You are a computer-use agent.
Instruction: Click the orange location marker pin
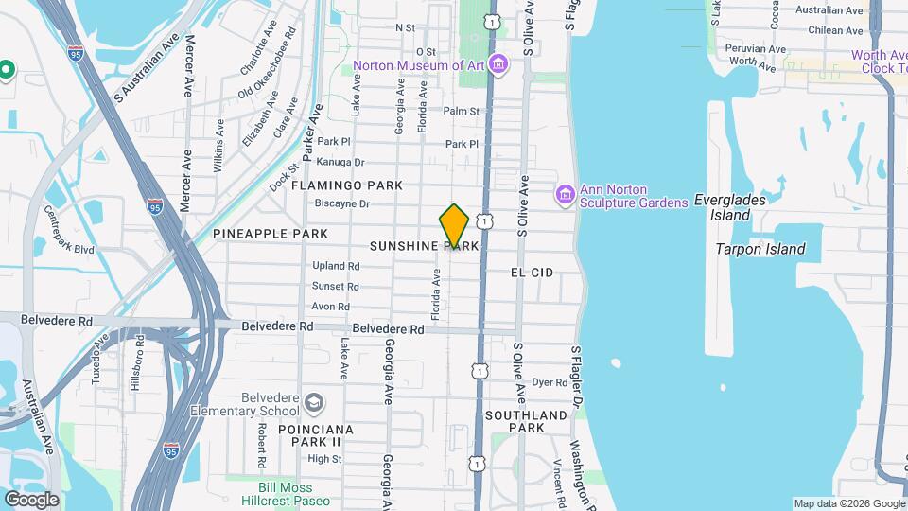(454, 225)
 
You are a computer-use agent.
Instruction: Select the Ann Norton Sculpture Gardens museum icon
(566, 194)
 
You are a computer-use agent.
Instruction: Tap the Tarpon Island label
(760, 250)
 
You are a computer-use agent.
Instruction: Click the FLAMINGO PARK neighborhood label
(347, 185)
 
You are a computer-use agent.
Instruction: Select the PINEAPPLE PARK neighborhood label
(271, 234)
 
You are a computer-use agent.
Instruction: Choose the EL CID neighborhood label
(532, 273)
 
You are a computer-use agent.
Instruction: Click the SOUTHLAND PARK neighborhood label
(526, 421)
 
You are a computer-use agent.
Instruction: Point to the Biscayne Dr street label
(341, 203)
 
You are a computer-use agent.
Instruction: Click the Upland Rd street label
(336, 265)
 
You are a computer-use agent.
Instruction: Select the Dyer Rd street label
(549, 383)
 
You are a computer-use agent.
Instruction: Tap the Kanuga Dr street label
(341, 163)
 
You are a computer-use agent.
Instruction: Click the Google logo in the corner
(31, 499)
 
